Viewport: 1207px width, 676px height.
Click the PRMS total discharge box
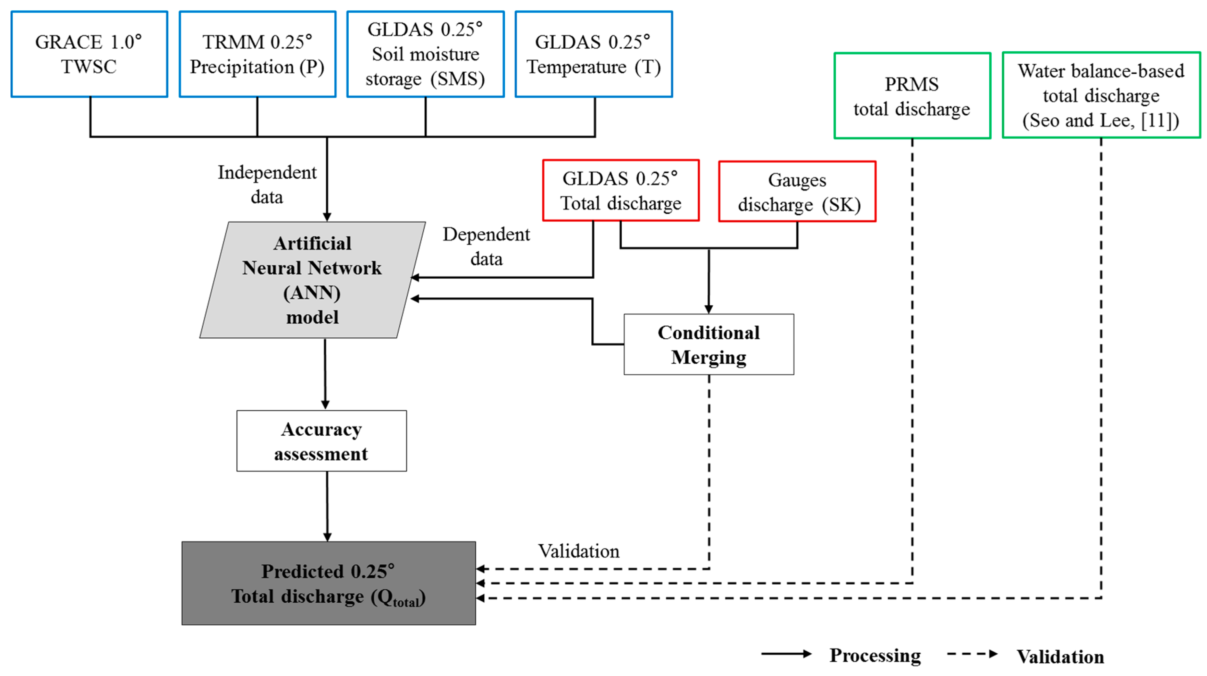[x=912, y=96]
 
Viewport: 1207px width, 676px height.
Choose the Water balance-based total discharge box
[x=1101, y=96]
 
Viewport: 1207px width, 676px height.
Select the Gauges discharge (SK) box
[x=797, y=192]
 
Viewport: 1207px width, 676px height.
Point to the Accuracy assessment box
[x=321, y=441]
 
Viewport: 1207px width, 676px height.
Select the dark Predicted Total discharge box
[x=329, y=584]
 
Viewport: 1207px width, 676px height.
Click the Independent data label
[x=267, y=185]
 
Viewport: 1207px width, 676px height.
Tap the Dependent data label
[x=486, y=247]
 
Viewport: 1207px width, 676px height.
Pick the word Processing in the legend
[x=875, y=655]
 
